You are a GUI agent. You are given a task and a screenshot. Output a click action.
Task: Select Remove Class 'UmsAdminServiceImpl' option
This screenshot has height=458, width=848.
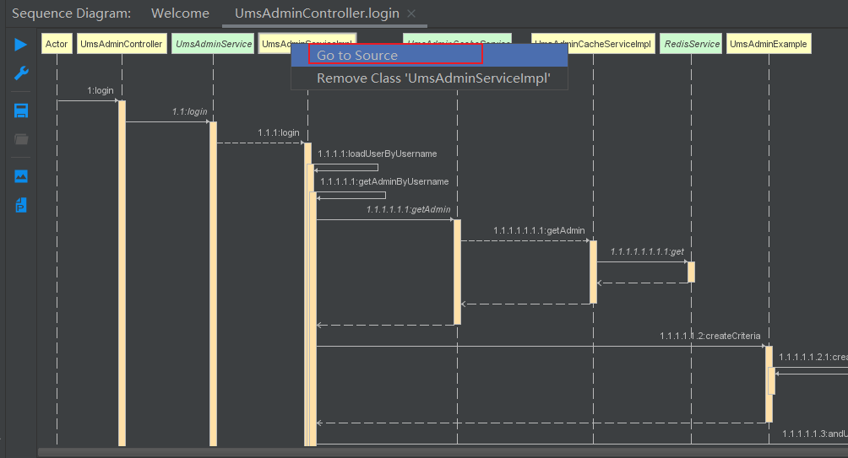[433, 78]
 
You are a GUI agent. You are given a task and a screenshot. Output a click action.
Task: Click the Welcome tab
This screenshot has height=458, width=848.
[180, 13]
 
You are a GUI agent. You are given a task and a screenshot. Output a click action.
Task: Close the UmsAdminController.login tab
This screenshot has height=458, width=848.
[411, 13]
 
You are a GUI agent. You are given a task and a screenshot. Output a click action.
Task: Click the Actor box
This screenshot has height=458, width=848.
[57, 44]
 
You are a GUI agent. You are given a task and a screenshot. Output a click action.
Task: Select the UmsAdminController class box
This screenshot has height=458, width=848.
[122, 44]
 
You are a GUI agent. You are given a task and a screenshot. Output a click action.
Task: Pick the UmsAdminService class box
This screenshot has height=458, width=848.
[213, 44]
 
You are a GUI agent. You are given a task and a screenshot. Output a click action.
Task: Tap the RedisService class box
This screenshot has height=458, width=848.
[691, 44]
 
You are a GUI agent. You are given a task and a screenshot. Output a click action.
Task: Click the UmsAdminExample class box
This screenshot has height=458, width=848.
[769, 44]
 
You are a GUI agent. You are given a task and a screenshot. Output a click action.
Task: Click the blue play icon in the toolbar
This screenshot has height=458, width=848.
[21, 45]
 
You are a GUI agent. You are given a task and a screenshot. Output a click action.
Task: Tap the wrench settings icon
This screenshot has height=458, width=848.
[21, 74]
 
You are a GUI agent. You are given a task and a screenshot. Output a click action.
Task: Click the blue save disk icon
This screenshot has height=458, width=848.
[21, 111]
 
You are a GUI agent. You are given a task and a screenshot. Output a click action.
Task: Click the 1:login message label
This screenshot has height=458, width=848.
[100, 90]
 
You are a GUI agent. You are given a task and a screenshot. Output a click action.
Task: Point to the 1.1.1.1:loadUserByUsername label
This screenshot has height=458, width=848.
[378, 154]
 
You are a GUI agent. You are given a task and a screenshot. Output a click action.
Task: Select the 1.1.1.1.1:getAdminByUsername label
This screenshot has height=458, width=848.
[384, 181]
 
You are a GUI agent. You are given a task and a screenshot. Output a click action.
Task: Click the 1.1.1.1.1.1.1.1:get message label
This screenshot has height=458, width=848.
[647, 251]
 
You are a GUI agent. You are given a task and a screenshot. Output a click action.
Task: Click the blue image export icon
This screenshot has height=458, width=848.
[21, 176]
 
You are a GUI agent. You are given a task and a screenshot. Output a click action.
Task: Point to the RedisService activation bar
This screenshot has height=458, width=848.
[691, 272]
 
